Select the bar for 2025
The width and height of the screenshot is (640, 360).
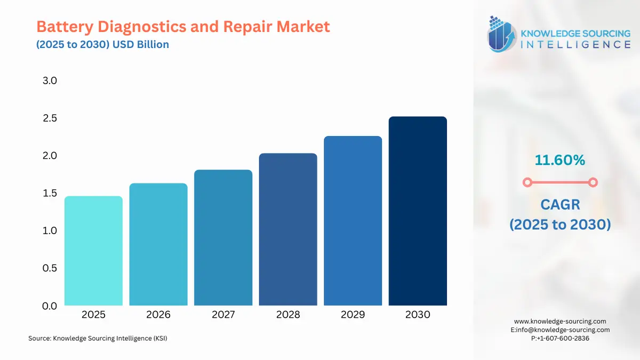pyautogui.click(x=93, y=251)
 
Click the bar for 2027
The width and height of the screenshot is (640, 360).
pyautogui.click(x=223, y=237)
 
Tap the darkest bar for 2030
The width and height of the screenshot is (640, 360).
pyautogui.click(x=418, y=211)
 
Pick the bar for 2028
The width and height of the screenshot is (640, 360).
pyautogui.click(x=288, y=229)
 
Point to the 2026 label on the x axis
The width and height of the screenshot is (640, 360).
pyautogui.click(x=158, y=315)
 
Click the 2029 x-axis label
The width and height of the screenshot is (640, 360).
pyautogui.click(x=353, y=315)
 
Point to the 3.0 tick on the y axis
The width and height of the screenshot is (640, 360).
pyautogui.click(x=50, y=81)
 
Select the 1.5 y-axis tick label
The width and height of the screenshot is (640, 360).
pyautogui.click(x=50, y=193)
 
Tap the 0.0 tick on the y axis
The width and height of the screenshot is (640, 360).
pyautogui.click(x=50, y=306)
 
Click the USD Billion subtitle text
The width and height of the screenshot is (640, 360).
pyautogui.click(x=141, y=44)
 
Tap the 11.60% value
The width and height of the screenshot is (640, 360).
pyautogui.click(x=559, y=159)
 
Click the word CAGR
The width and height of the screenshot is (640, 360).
pyautogui.click(x=559, y=204)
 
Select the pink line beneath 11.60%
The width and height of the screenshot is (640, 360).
pyautogui.click(x=559, y=182)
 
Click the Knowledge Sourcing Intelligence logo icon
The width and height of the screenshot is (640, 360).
pyautogui.click(x=501, y=34)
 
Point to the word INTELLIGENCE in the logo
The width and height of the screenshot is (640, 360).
pyautogui.click(x=574, y=44)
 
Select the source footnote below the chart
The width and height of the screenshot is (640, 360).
pyautogui.click(x=98, y=338)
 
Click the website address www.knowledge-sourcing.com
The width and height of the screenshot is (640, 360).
pyautogui.click(x=560, y=321)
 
